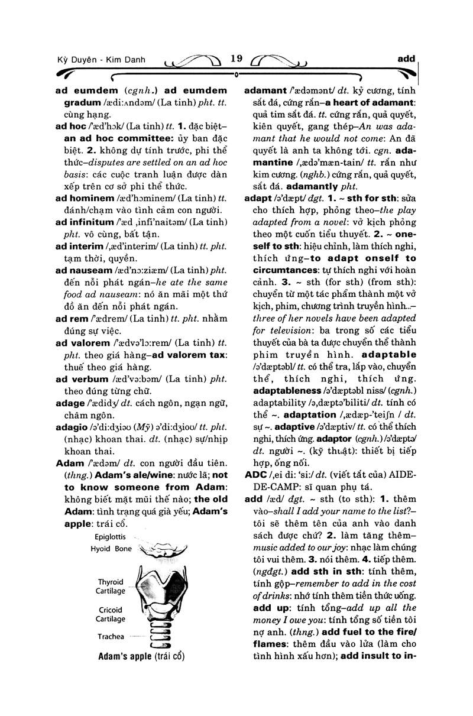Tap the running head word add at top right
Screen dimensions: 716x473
(x=406, y=59)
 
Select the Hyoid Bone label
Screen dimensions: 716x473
(x=111, y=549)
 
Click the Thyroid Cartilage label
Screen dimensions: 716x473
(x=111, y=587)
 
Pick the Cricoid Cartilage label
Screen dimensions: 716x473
(x=111, y=614)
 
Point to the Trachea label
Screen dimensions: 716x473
(x=111, y=637)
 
